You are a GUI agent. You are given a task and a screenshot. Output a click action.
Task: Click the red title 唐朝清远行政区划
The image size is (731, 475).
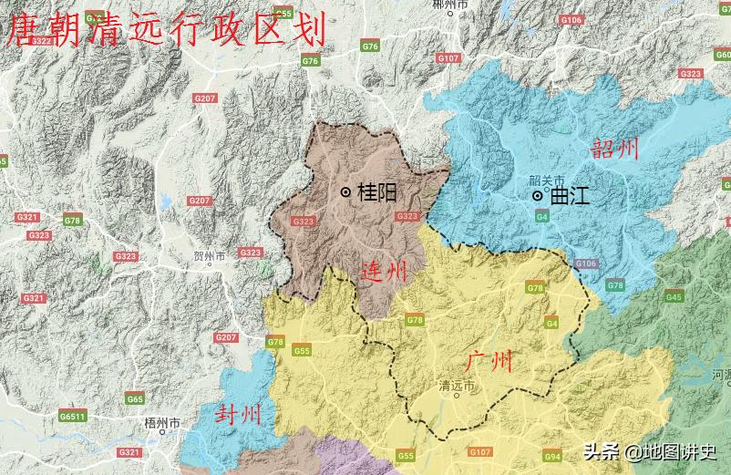166,29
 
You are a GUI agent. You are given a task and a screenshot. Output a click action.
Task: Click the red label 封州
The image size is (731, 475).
238,415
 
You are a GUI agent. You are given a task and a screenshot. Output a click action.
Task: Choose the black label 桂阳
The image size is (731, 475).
377,192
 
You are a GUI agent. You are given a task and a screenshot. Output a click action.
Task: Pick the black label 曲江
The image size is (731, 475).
570,196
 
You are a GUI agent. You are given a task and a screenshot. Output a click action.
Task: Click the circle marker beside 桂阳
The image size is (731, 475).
346,191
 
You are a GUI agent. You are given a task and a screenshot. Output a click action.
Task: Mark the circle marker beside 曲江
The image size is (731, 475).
539,195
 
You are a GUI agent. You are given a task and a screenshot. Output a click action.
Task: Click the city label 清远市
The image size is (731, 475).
457,386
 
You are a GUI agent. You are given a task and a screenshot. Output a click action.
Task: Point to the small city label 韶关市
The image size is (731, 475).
547,181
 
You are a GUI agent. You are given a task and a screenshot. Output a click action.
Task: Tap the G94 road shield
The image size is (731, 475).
552,455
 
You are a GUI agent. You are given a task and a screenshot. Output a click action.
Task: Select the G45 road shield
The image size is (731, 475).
674,297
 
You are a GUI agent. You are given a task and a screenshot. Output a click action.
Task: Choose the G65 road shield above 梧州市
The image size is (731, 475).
135,399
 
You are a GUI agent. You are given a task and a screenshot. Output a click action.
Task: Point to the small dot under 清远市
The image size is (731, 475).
457,397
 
